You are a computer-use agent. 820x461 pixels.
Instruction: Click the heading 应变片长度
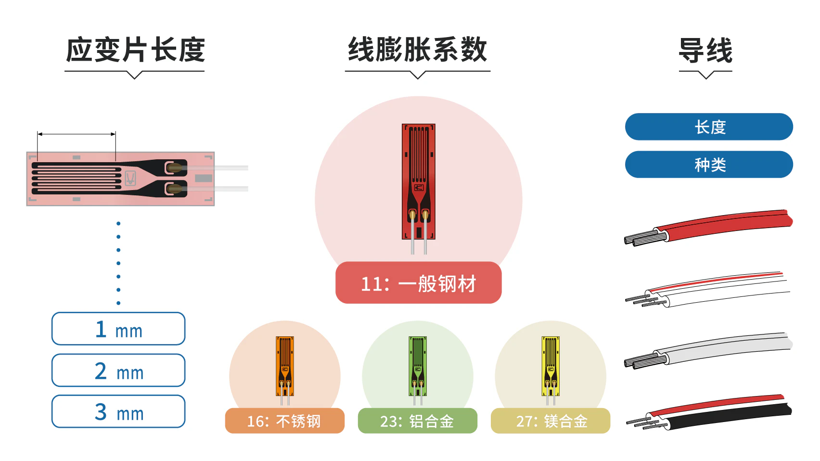tap(135, 50)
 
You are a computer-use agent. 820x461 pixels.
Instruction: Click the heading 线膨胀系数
tap(417, 50)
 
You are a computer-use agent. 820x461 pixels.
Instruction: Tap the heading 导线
tap(705, 51)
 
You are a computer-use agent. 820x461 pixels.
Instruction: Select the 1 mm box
tap(118, 329)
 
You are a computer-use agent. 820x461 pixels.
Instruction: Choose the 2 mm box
tap(118, 370)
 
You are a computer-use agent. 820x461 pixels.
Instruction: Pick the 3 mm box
tap(118, 411)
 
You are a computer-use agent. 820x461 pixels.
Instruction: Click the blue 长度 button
tap(709, 127)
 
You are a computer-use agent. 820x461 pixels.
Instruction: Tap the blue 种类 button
tap(709, 165)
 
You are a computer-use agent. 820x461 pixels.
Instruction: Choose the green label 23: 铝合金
tap(418, 421)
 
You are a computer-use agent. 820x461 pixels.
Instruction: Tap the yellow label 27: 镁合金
tap(551, 421)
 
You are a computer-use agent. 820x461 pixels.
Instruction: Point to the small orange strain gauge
tap(285, 366)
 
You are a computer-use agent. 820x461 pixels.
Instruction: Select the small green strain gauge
tap(418, 366)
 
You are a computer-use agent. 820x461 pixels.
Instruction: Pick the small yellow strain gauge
tap(551, 366)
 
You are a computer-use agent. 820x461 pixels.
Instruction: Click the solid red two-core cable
tap(708, 227)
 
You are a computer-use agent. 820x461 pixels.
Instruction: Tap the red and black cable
tap(708, 412)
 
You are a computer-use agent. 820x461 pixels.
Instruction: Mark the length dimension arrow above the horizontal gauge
tap(77, 134)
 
